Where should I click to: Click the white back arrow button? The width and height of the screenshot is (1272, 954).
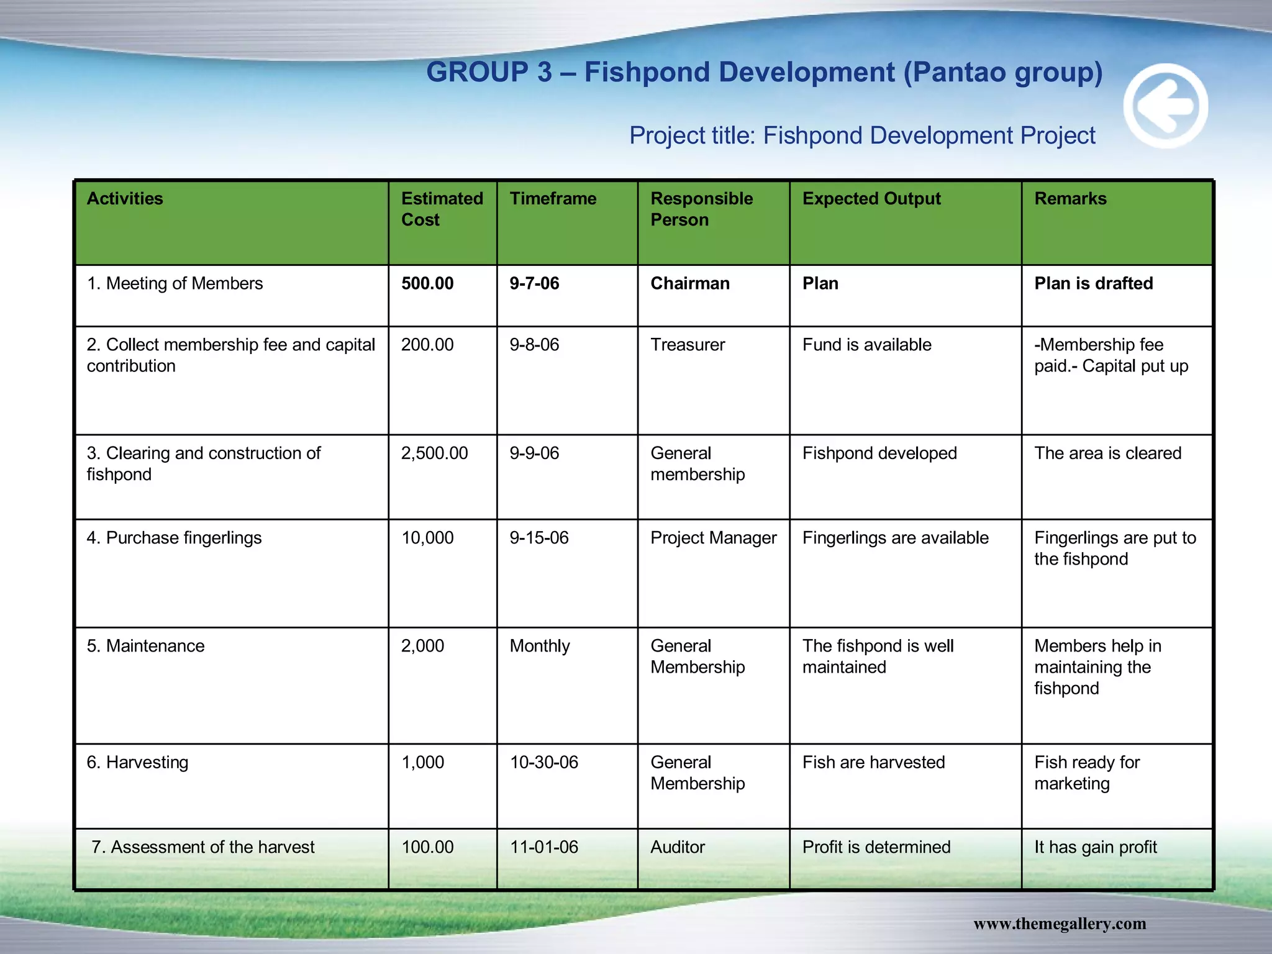tap(1165, 106)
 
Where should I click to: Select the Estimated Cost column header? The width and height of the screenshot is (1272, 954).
tap(442, 209)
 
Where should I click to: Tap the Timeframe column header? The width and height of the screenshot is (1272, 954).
tap(553, 199)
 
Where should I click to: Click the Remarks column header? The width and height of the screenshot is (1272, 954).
tap(1070, 199)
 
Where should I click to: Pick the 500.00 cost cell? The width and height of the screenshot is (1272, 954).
tap(427, 284)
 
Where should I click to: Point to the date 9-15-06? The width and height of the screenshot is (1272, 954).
tap(539, 538)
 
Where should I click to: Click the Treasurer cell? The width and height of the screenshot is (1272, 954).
tap(688, 345)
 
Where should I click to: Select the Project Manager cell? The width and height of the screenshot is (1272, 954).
tap(713, 538)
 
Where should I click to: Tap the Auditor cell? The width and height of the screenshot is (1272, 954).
tap(678, 847)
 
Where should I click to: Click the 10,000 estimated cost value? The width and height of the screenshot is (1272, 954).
tap(427, 538)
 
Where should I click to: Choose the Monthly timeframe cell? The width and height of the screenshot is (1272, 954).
tap(540, 646)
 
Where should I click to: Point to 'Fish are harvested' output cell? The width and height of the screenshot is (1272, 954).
tap(873, 762)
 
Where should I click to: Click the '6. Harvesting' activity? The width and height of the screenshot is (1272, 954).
tap(137, 762)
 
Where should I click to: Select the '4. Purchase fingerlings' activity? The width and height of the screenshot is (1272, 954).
tap(174, 538)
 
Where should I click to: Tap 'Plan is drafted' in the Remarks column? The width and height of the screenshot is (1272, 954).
tap(1093, 284)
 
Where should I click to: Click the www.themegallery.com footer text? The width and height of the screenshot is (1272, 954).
tap(1060, 924)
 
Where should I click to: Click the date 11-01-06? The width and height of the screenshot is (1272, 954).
tap(544, 847)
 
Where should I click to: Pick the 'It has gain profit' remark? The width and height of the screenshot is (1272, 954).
tap(1096, 847)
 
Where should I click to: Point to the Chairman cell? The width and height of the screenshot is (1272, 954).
tap(690, 284)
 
